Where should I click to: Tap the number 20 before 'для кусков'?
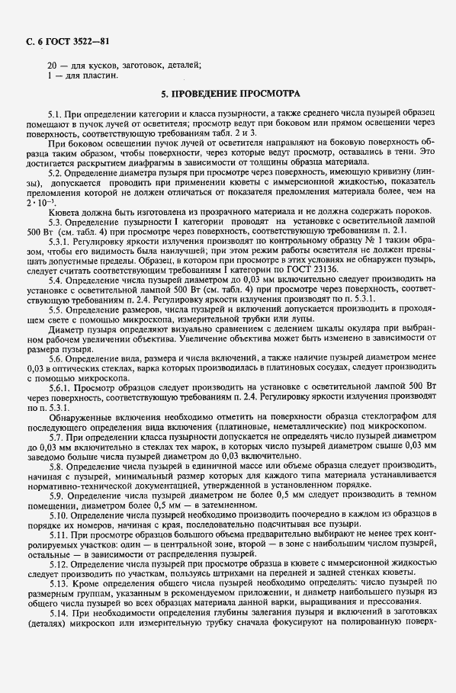tap(52, 66)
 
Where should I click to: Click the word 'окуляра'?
tap(352, 329)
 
